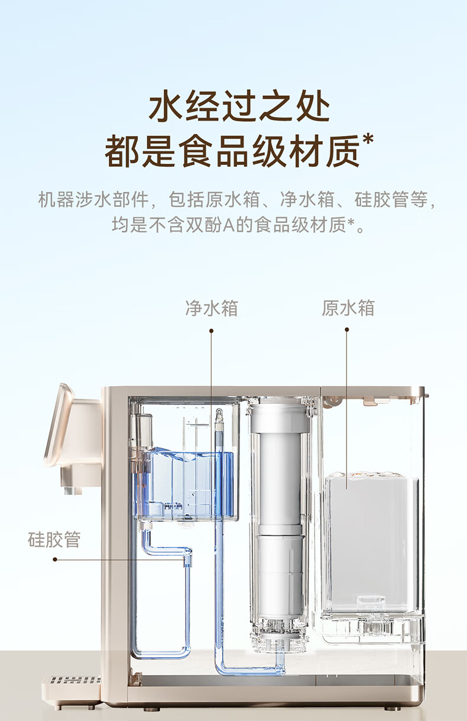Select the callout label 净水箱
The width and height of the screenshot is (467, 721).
[x=212, y=308]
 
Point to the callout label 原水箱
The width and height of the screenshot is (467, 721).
[x=348, y=308]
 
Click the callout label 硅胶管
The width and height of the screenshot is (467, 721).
[x=54, y=539]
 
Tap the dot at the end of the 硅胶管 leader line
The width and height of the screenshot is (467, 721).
[x=55, y=559]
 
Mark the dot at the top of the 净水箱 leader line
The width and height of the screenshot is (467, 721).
[x=211, y=331]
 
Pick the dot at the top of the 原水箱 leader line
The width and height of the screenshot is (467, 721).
[x=347, y=330]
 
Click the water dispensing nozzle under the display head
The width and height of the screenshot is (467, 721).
[x=70, y=489]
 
